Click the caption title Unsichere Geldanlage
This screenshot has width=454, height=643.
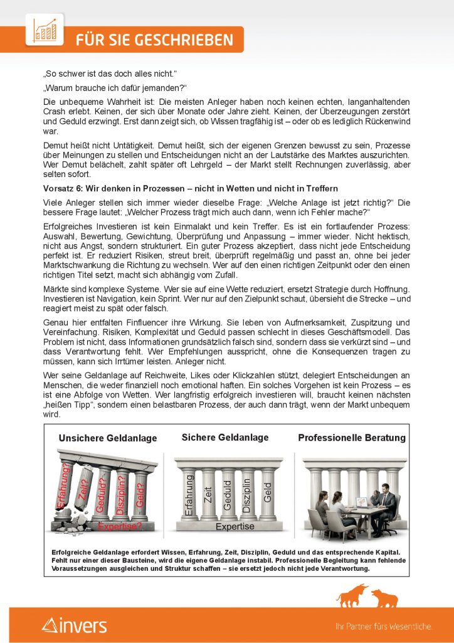pos(108,438)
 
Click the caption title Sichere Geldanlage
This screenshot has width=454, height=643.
pos(224,437)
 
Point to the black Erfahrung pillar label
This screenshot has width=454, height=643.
pos(189,495)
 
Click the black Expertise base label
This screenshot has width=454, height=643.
pos(235,527)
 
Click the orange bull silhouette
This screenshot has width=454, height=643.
pos(352,595)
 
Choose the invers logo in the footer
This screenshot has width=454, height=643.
pos(75,625)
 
